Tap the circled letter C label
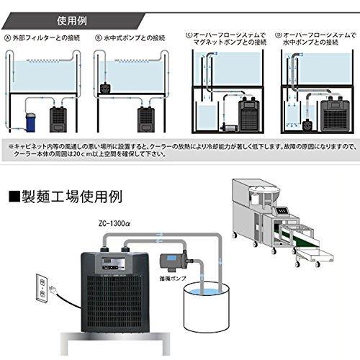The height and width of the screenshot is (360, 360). (x=189, y=32)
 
